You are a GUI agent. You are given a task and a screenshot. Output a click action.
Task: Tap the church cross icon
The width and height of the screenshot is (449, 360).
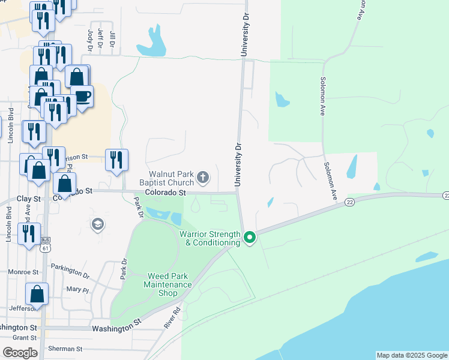[x=203, y=178]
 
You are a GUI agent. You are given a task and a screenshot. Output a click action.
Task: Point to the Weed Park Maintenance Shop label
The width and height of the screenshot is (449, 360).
[x=170, y=285]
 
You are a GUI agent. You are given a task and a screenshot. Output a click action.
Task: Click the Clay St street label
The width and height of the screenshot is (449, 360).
[x=28, y=198]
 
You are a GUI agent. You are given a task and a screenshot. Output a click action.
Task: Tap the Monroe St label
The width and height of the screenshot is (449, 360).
[x=23, y=272]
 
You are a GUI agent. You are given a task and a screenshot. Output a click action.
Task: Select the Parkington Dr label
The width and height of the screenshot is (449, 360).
[x=70, y=271]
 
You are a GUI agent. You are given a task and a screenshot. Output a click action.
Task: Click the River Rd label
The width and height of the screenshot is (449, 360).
[x=173, y=317]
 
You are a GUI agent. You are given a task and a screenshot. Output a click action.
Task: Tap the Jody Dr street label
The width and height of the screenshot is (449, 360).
[x=90, y=39]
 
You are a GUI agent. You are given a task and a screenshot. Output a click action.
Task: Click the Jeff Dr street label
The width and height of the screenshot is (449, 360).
[x=101, y=38]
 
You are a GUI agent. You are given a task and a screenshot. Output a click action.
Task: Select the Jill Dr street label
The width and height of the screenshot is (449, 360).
[x=112, y=38]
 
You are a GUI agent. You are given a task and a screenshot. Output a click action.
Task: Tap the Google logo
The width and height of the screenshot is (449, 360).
[x=20, y=353]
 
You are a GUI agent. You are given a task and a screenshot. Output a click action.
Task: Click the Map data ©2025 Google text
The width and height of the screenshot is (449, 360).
[x=412, y=355]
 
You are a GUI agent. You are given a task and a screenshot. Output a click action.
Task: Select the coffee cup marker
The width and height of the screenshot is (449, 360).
[x=82, y=96]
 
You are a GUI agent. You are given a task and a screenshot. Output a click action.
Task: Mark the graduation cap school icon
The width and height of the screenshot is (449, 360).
[x=97, y=224]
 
